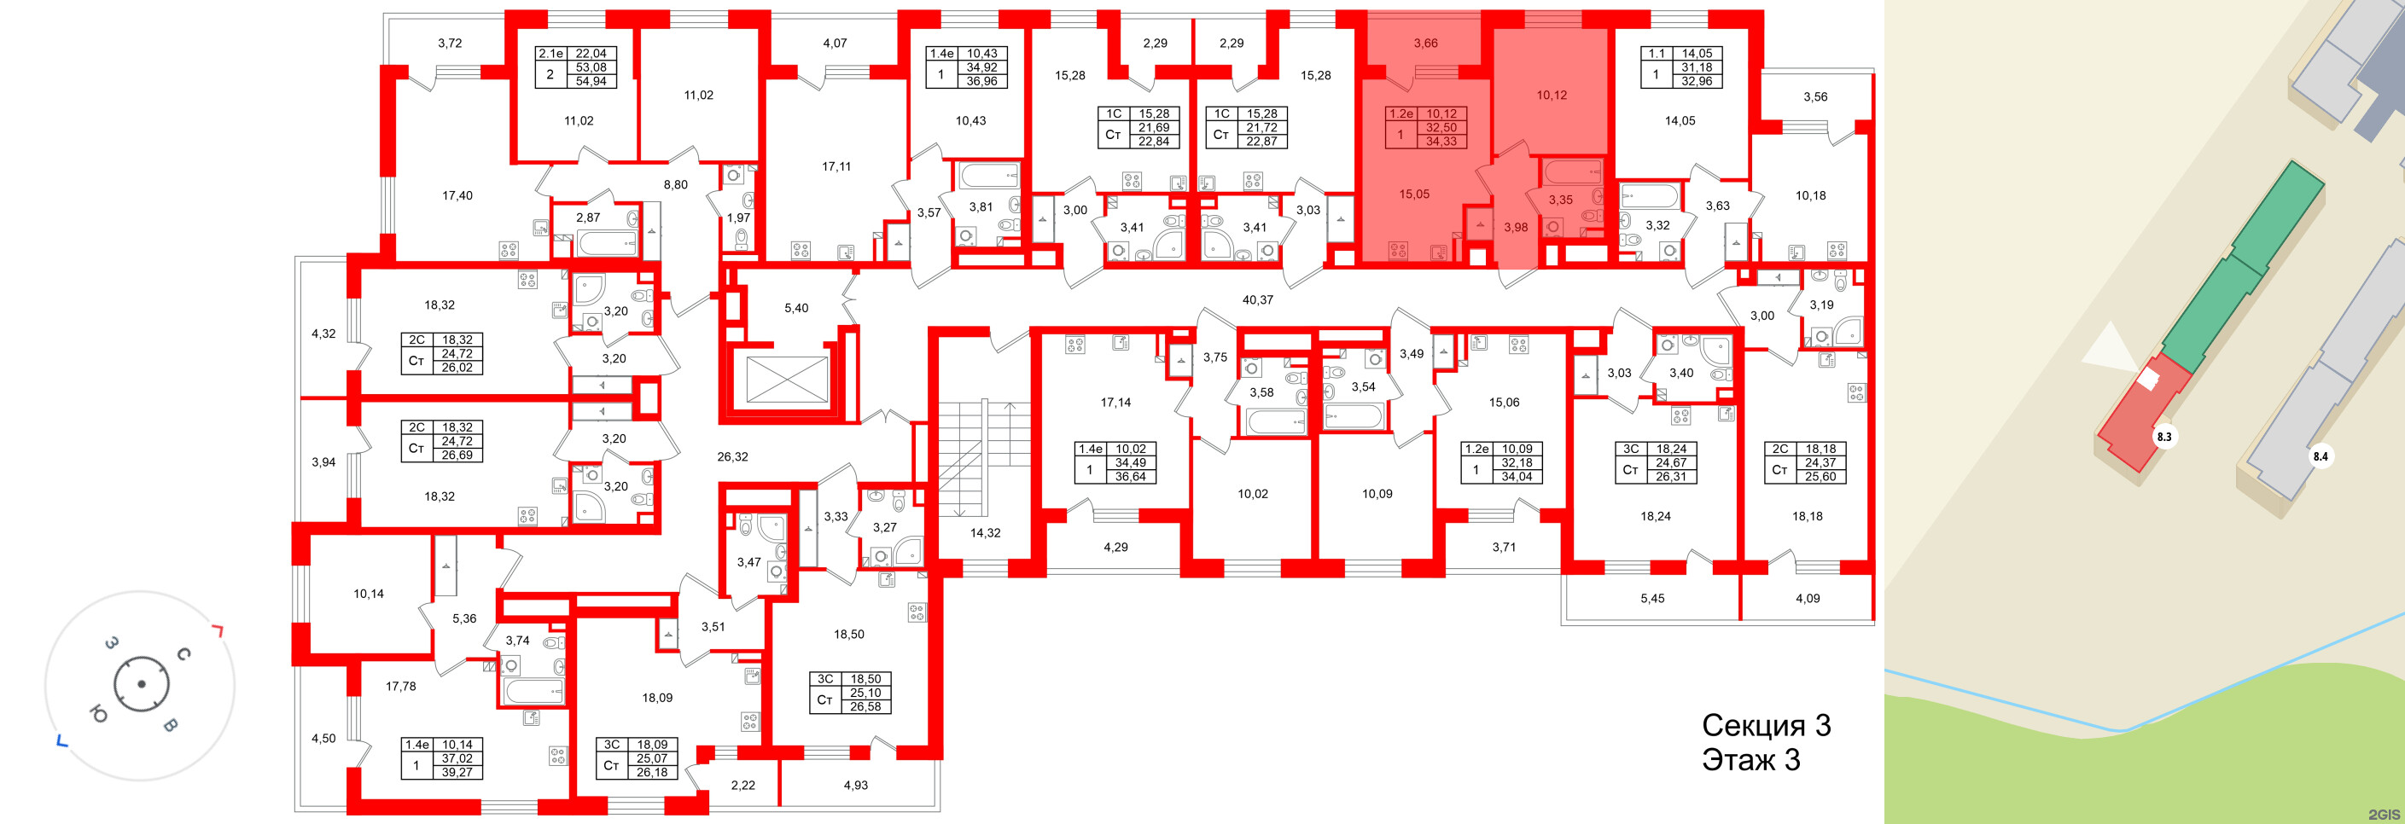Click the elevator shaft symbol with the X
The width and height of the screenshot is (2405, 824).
click(787, 380)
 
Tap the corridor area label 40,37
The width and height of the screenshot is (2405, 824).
click(1258, 300)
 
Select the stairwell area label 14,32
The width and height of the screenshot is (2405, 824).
click(985, 533)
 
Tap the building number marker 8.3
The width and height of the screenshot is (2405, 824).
click(2163, 437)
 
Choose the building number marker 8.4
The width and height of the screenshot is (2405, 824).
click(2320, 457)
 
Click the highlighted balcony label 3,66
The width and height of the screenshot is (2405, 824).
click(1425, 43)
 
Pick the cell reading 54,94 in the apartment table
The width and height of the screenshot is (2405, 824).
click(591, 81)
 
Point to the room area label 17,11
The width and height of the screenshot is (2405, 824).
click(836, 167)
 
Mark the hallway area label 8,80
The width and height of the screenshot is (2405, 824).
click(675, 185)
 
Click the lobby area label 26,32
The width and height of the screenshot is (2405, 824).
click(733, 457)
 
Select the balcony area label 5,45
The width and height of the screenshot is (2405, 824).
click(1652, 598)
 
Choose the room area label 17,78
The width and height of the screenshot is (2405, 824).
click(400, 686)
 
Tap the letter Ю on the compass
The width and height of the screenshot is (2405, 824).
click(97, 715)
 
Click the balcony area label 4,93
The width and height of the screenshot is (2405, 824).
click(855, 785)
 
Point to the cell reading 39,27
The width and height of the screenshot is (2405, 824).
click(457, 772)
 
